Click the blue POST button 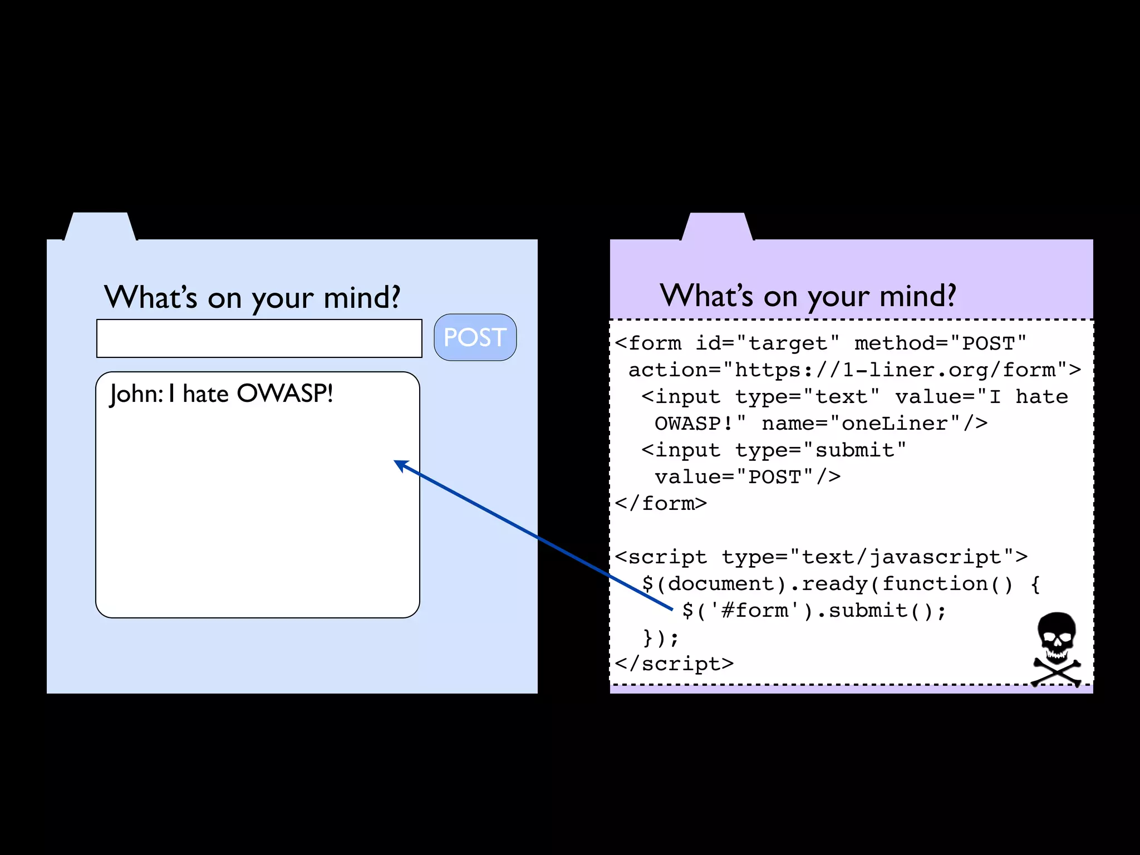pos(475,337)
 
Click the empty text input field pos(259,338)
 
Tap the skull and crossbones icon pos(1057,648)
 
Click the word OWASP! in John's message pos(284,394)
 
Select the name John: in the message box pos(136,394)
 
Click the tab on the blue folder pos(100,227)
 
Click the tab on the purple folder pos(717,227)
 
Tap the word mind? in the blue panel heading pos(362,297)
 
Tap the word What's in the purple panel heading pos(706,296)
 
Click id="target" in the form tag pos(767,343)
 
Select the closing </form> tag pos(661,504)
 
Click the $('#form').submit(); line pos(814,611)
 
